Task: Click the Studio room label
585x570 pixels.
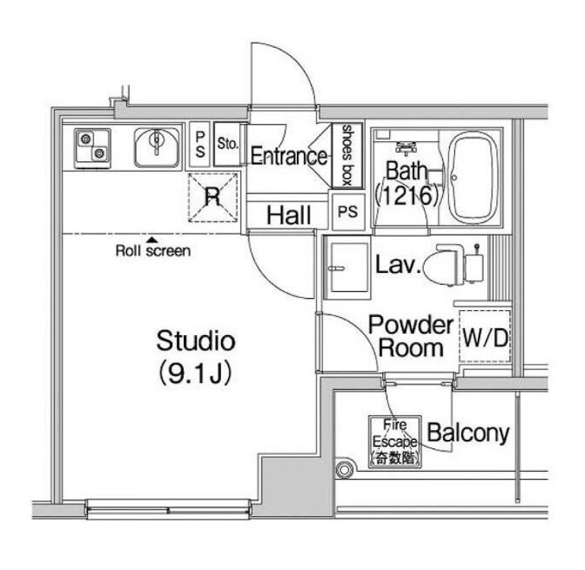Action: pyautogui.click(x=195, y=340)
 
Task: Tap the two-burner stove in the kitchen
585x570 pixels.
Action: pyautogui.click(x=93, y=148)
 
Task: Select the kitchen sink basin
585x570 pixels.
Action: pyautogui.click(x=157, y=147)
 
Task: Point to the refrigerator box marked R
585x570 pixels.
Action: pyautogui.click(x=213, y=198)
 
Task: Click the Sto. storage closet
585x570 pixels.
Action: pyautogui.click(x=227, y=144)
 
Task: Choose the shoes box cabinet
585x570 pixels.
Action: pyautogui.click(x=347, y=155)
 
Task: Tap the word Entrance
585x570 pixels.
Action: pyautogui.click(x=289, y=156)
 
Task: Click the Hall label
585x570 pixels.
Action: pyautogui.click(x=289, y=215)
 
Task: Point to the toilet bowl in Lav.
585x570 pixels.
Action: pyautogui.click(x=443, y=265)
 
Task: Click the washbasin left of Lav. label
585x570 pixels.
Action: pyautogui.click(x=347, y=268)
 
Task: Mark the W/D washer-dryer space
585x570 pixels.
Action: pyautogui.click(x=485, y=337)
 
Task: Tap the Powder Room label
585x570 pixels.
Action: pyautogui.click(x=411, y=336)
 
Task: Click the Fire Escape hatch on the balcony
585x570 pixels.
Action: pyautogui.click(x=395, y=442)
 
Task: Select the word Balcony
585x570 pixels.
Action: pyautogui.click(x=468, y=433)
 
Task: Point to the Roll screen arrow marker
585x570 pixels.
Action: pyautogui.click(x=151, y=239)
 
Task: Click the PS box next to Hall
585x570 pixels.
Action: pyautogui.click(x=348, y=212)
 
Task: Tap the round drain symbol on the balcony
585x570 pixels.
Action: pyautogui.click(x=344, y=470)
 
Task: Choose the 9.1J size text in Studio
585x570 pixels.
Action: pyautogui.click(x=195, y=373)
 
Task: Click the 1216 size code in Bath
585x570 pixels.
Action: pyautogui.click(x=407, y=195)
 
